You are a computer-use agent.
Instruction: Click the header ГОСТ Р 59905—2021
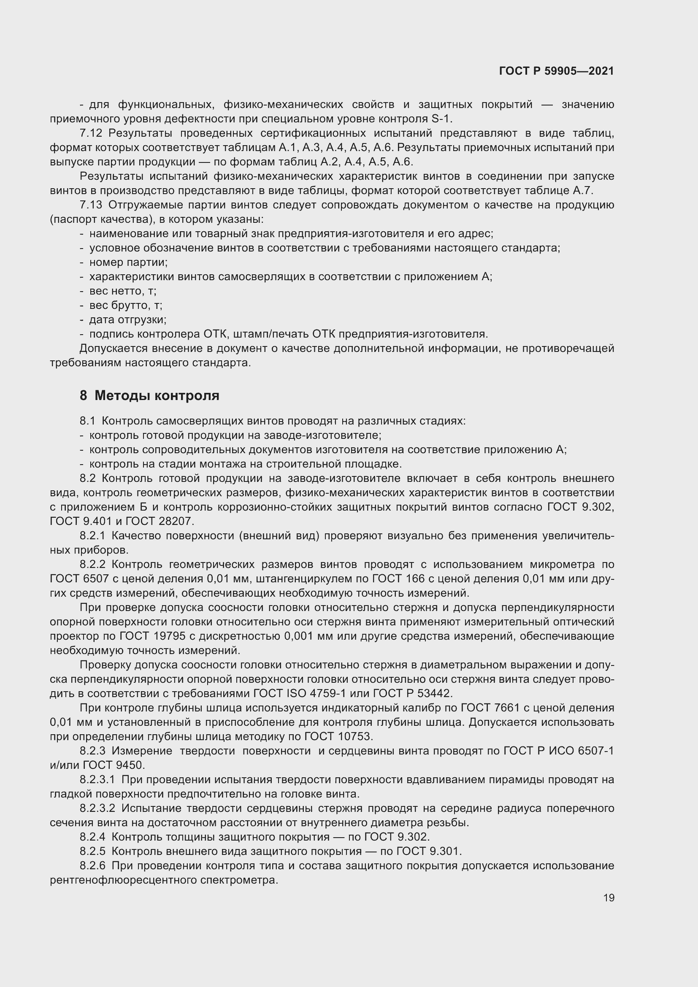coord(556,71)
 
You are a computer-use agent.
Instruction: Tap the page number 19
coord(609,898)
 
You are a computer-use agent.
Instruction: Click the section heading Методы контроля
coord(157,395)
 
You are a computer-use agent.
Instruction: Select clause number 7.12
coord(91,133)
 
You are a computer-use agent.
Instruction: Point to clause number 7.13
coord(91,205)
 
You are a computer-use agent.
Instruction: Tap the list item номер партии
coord(128,262)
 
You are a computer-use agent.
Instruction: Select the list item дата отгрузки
coord(127,320)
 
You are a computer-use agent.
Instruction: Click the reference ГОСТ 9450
coord(114,765)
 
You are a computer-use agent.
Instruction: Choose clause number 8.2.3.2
coord(97,809)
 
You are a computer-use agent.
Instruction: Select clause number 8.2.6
coord(92,866)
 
